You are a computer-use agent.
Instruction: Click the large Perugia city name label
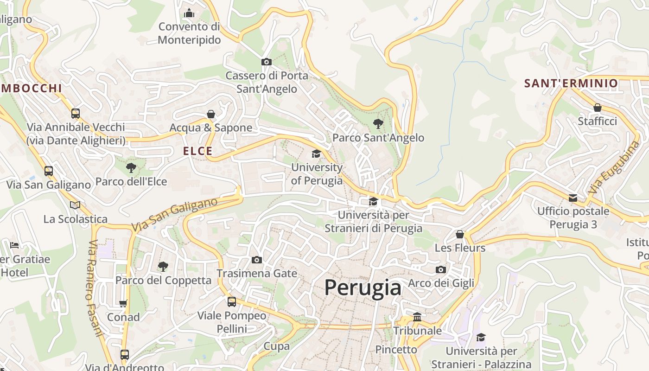point(363,288)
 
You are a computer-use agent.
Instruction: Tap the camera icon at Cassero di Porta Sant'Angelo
point(266,62)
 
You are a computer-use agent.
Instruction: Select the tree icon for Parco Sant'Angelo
point(378,124)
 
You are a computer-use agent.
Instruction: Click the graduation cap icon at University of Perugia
point(316,154)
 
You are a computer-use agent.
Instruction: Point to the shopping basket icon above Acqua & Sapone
point(211,114)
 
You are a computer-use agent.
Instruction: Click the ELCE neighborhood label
point(197,151)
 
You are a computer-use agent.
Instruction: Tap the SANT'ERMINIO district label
point(571,83)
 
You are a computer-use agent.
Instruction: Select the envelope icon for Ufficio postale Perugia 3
point(573,198)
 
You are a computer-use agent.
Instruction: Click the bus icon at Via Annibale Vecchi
point(76,113)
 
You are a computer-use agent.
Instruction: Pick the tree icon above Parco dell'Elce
point(131,167)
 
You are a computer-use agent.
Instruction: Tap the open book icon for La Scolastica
point(75,205)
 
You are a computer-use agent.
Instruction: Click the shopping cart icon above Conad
point(123,304)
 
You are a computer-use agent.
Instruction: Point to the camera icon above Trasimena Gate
point(256,260)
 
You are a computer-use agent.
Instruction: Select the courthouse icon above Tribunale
point(417,317)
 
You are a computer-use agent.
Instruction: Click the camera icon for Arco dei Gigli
point(441,270)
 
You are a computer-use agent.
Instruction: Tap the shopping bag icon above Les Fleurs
point(460,234)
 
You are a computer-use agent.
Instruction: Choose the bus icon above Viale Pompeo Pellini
point(232,302)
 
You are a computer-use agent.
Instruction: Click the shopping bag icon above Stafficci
point(598,108)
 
